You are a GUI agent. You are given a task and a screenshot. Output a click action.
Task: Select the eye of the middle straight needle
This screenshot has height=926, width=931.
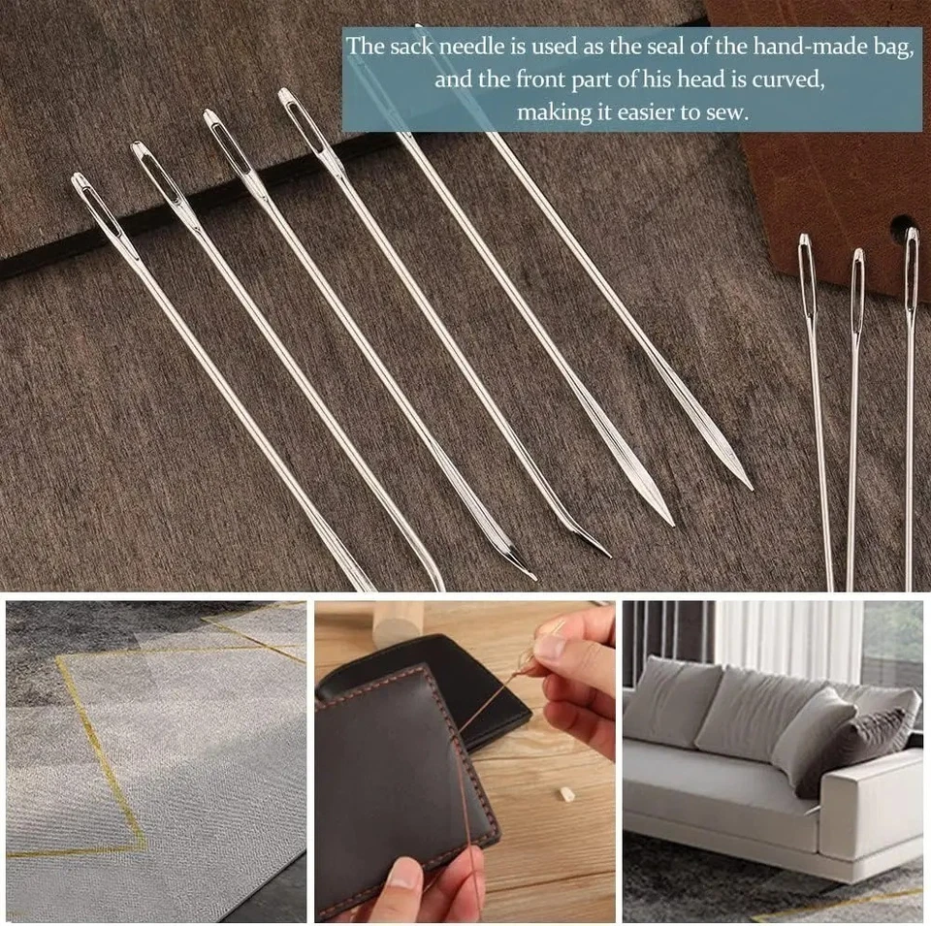857,281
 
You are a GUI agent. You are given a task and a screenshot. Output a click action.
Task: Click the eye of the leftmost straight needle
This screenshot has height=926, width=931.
807,267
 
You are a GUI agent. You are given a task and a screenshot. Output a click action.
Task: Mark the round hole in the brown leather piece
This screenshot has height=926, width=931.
902,229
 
